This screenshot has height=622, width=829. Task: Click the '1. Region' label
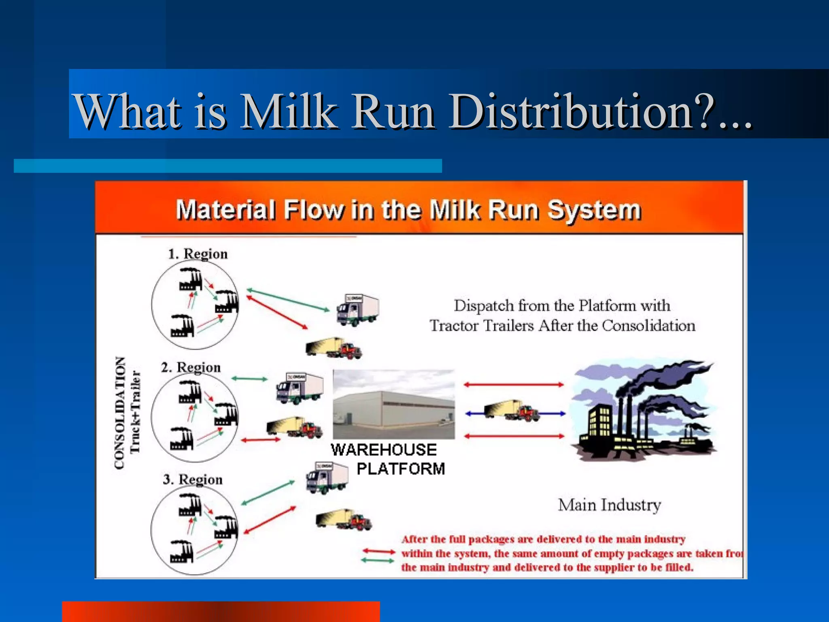click(x=198, y=254)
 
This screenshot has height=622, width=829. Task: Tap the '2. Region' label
click(x=191, y=367)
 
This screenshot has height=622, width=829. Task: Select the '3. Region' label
click(x=193, y=479)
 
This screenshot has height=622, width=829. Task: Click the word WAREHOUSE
click(x=384, y=450)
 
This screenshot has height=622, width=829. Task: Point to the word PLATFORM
click(x=401, y=469)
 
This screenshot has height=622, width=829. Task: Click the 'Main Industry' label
click(x=609, y=505)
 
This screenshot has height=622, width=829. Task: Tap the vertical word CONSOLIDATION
click(x=120, y=413)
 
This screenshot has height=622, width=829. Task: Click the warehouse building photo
click(x=393, y=404)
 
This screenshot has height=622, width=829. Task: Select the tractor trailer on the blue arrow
click(x=512, y=411)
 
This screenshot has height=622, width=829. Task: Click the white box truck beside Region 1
click(x=358, y=310)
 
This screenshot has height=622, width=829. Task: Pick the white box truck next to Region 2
click(x=300, y=388)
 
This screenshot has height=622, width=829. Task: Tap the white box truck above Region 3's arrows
click(x=327, y=478)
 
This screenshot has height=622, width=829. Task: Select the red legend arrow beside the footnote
click(x=378, y=551)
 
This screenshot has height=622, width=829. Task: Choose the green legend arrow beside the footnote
click(x=377, y=561)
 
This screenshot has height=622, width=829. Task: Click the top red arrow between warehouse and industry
click(x=513, y=385)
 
